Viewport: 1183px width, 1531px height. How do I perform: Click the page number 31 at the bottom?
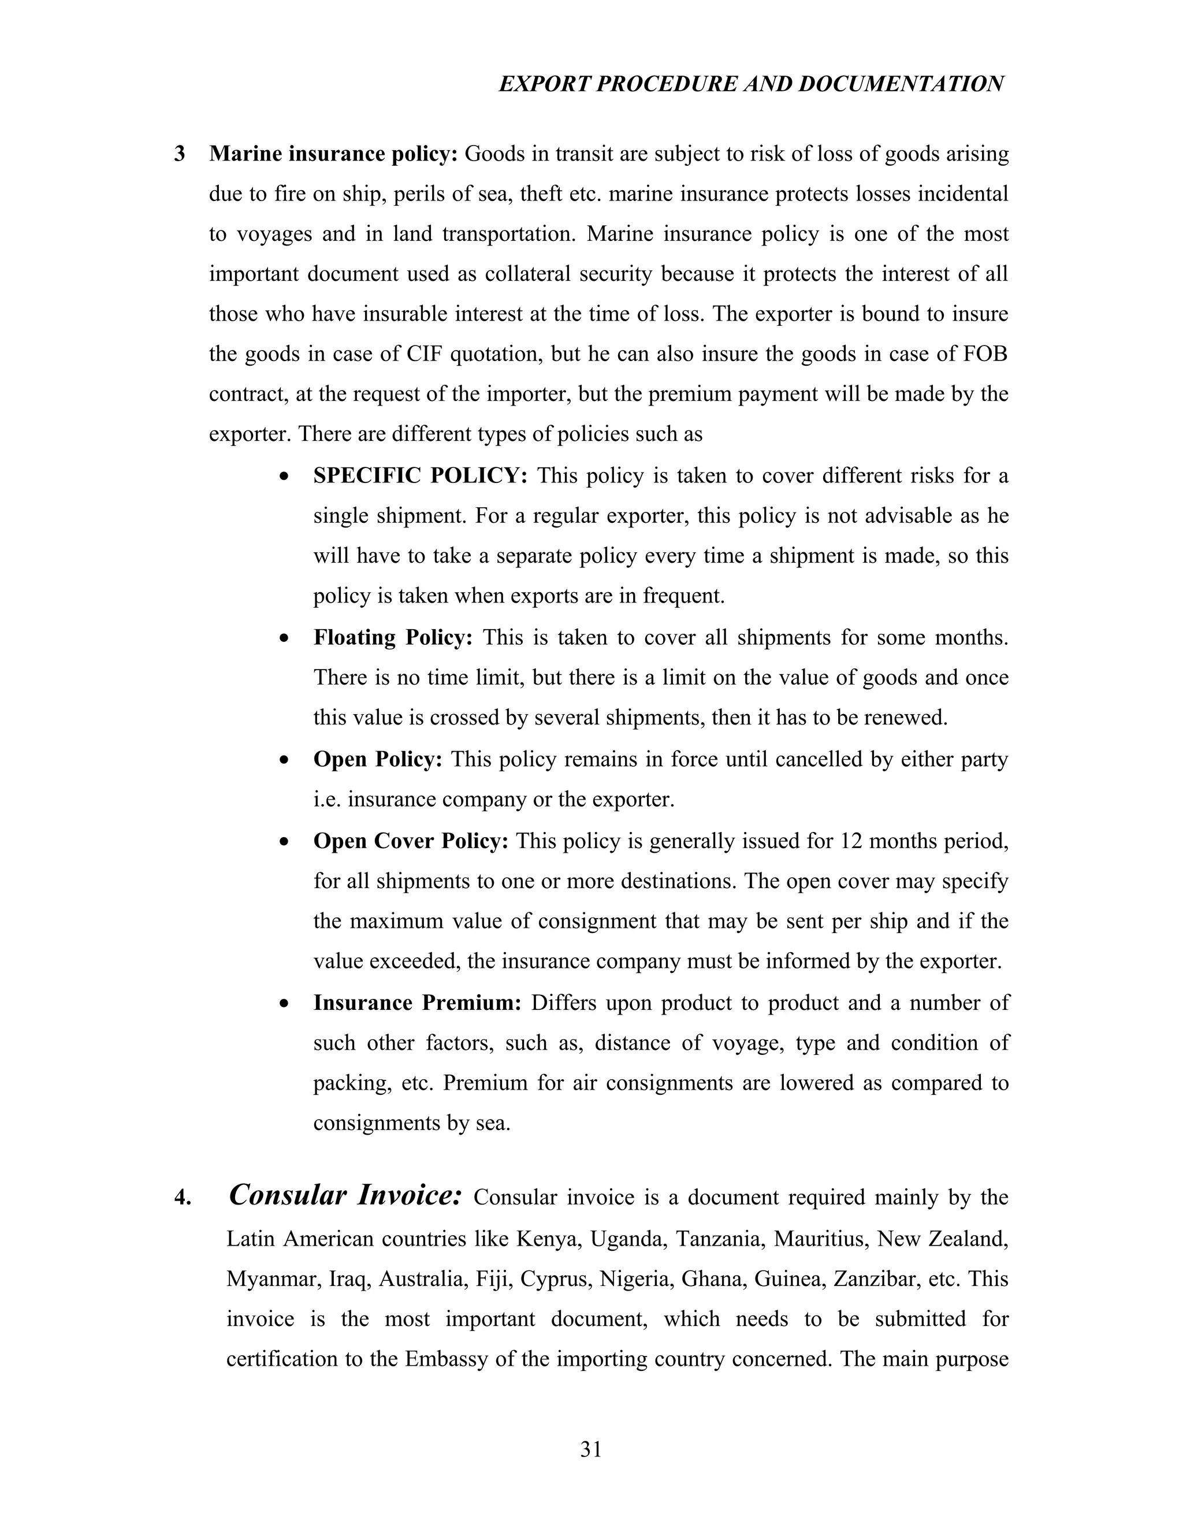pos(591,1449)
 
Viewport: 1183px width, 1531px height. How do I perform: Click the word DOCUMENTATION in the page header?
pos(901,84)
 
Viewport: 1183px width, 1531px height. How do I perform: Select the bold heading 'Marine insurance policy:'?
pos(333,154)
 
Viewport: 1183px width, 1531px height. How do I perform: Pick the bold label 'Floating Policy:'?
pos(393,637)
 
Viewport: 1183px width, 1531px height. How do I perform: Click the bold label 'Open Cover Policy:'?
pos(411,841)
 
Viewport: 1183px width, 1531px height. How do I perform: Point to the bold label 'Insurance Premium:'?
pos(417,1002)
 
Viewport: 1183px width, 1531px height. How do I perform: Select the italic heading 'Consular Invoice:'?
pos(345,1195)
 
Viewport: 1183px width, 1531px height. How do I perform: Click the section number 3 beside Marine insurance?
pos(180,154)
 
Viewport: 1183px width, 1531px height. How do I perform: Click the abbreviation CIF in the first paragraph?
pos(423,354)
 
